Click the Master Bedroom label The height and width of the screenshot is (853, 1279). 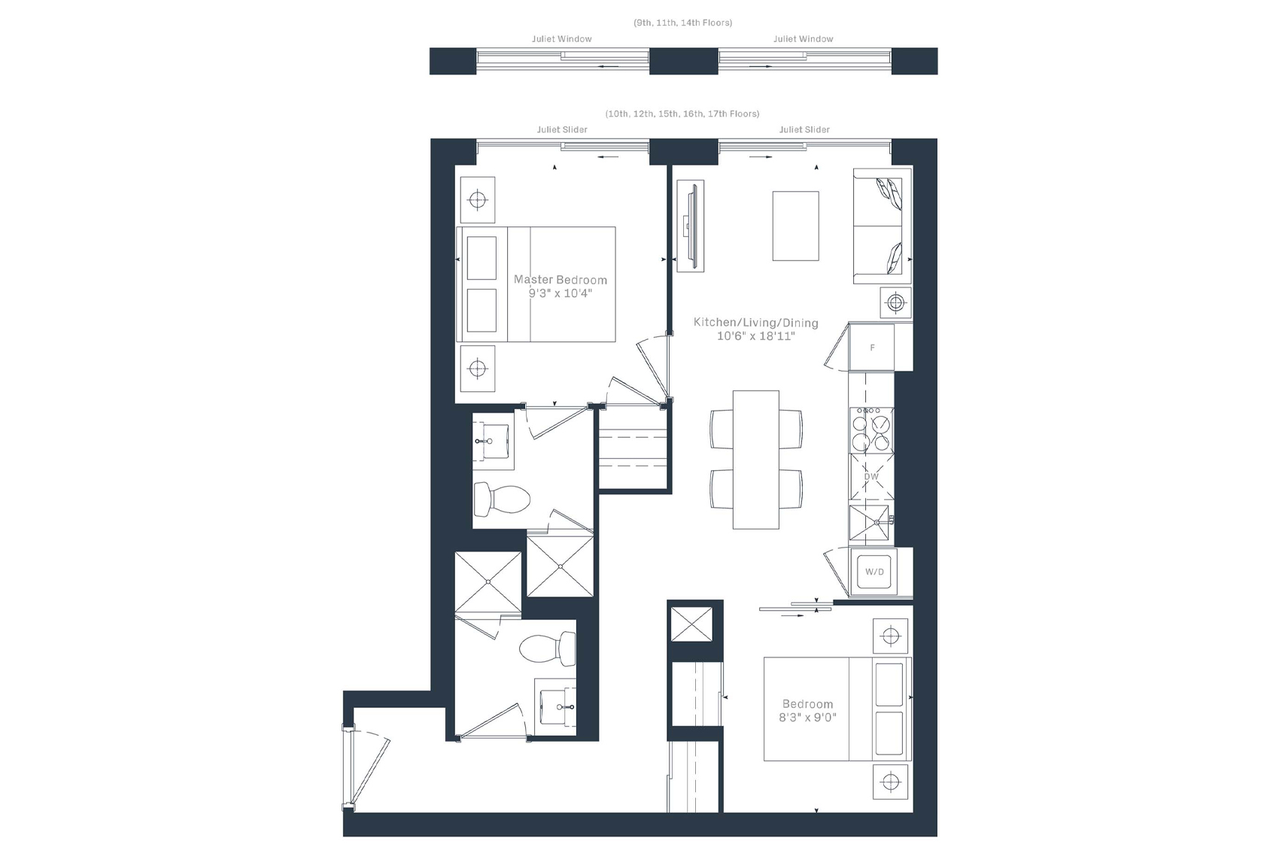tap(561, 280)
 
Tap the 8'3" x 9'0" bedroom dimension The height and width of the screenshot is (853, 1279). tap(807, 718)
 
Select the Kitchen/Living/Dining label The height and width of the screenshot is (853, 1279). tap(756, 323)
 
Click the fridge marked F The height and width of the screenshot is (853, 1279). tap(871, 347)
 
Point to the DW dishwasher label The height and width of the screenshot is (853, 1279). tap(871, 477)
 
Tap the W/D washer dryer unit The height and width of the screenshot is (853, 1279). tap(874, 572)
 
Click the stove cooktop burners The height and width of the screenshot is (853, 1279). tap(871, 430)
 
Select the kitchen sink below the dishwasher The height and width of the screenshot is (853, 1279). tap(870, 523)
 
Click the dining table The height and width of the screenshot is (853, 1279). tap(756, 460)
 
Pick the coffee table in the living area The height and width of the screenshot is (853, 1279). tap(795, 226)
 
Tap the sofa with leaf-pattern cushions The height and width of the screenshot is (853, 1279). tap(883, 226)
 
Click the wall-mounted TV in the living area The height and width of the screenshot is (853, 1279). tap(691, 226)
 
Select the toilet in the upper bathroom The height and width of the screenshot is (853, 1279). tap(502, 499)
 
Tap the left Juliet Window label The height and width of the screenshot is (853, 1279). tap(562, 39)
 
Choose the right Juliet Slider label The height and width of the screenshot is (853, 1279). tap(804, 129)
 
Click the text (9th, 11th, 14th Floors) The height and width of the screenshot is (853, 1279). tap(683, 23)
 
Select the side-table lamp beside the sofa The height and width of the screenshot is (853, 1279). tap(895, 302)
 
